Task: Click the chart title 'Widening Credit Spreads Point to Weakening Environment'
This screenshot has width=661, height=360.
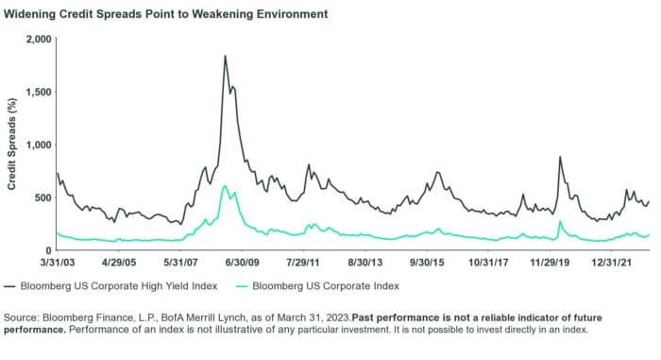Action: (167, 15)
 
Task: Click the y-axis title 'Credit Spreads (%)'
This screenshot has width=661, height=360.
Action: (12, 145)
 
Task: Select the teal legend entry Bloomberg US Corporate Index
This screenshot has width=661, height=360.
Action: (337, 284)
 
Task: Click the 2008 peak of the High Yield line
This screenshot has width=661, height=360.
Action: (225, 56)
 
